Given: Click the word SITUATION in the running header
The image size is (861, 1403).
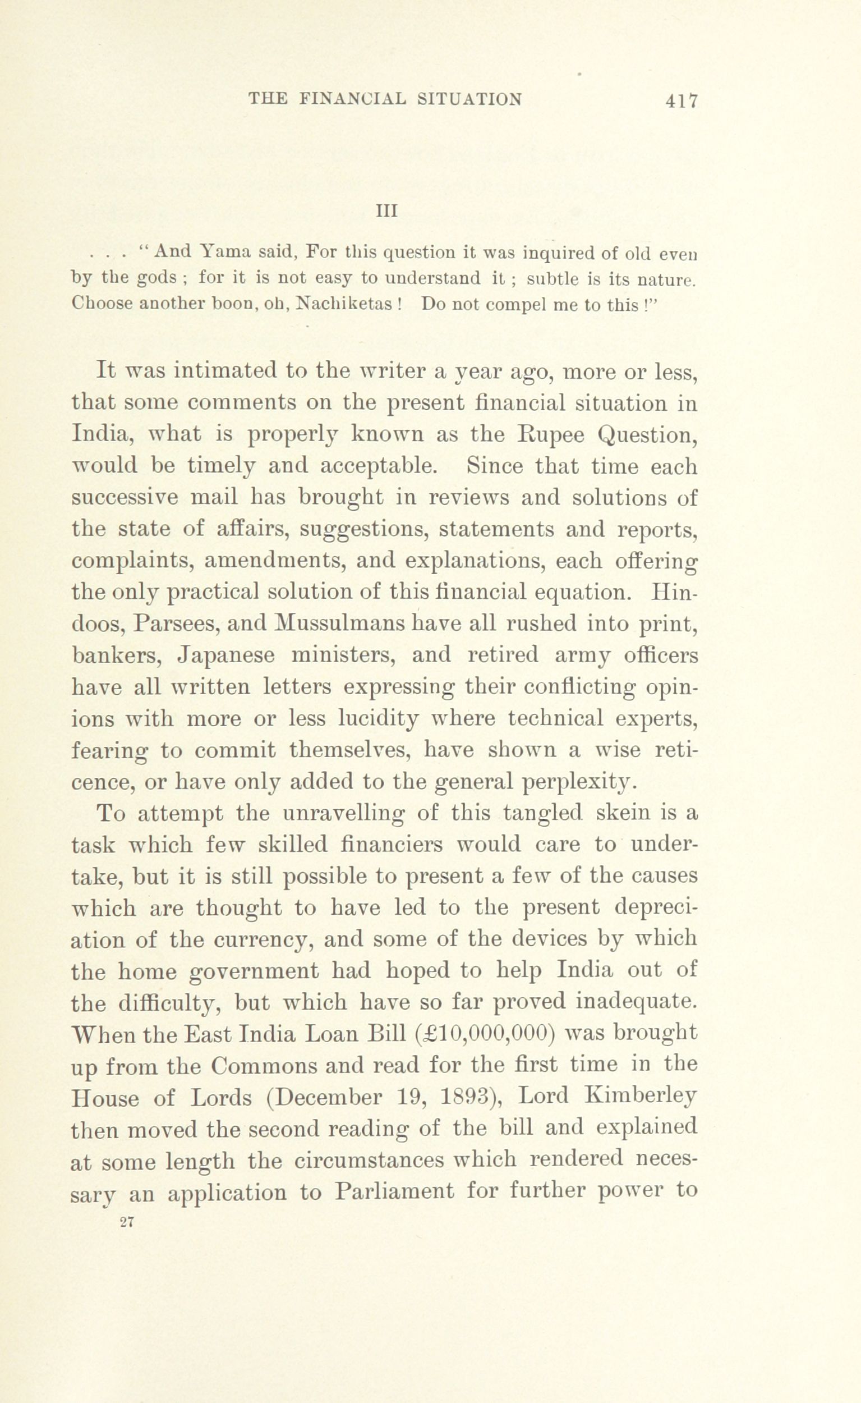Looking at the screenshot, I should point(471,100).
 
